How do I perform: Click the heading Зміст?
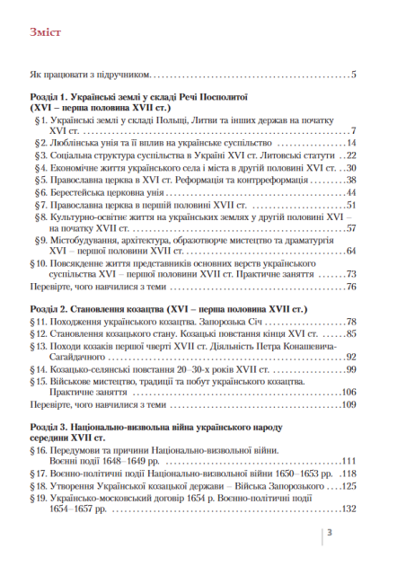(x=45, y=35)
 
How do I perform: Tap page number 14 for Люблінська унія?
(x=352, y=143)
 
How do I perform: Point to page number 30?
(x=352, y=168)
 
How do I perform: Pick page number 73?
(x=352, y=274)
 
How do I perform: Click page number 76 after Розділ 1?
(x=352, y=287)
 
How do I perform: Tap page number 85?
(x=352, y=333)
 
